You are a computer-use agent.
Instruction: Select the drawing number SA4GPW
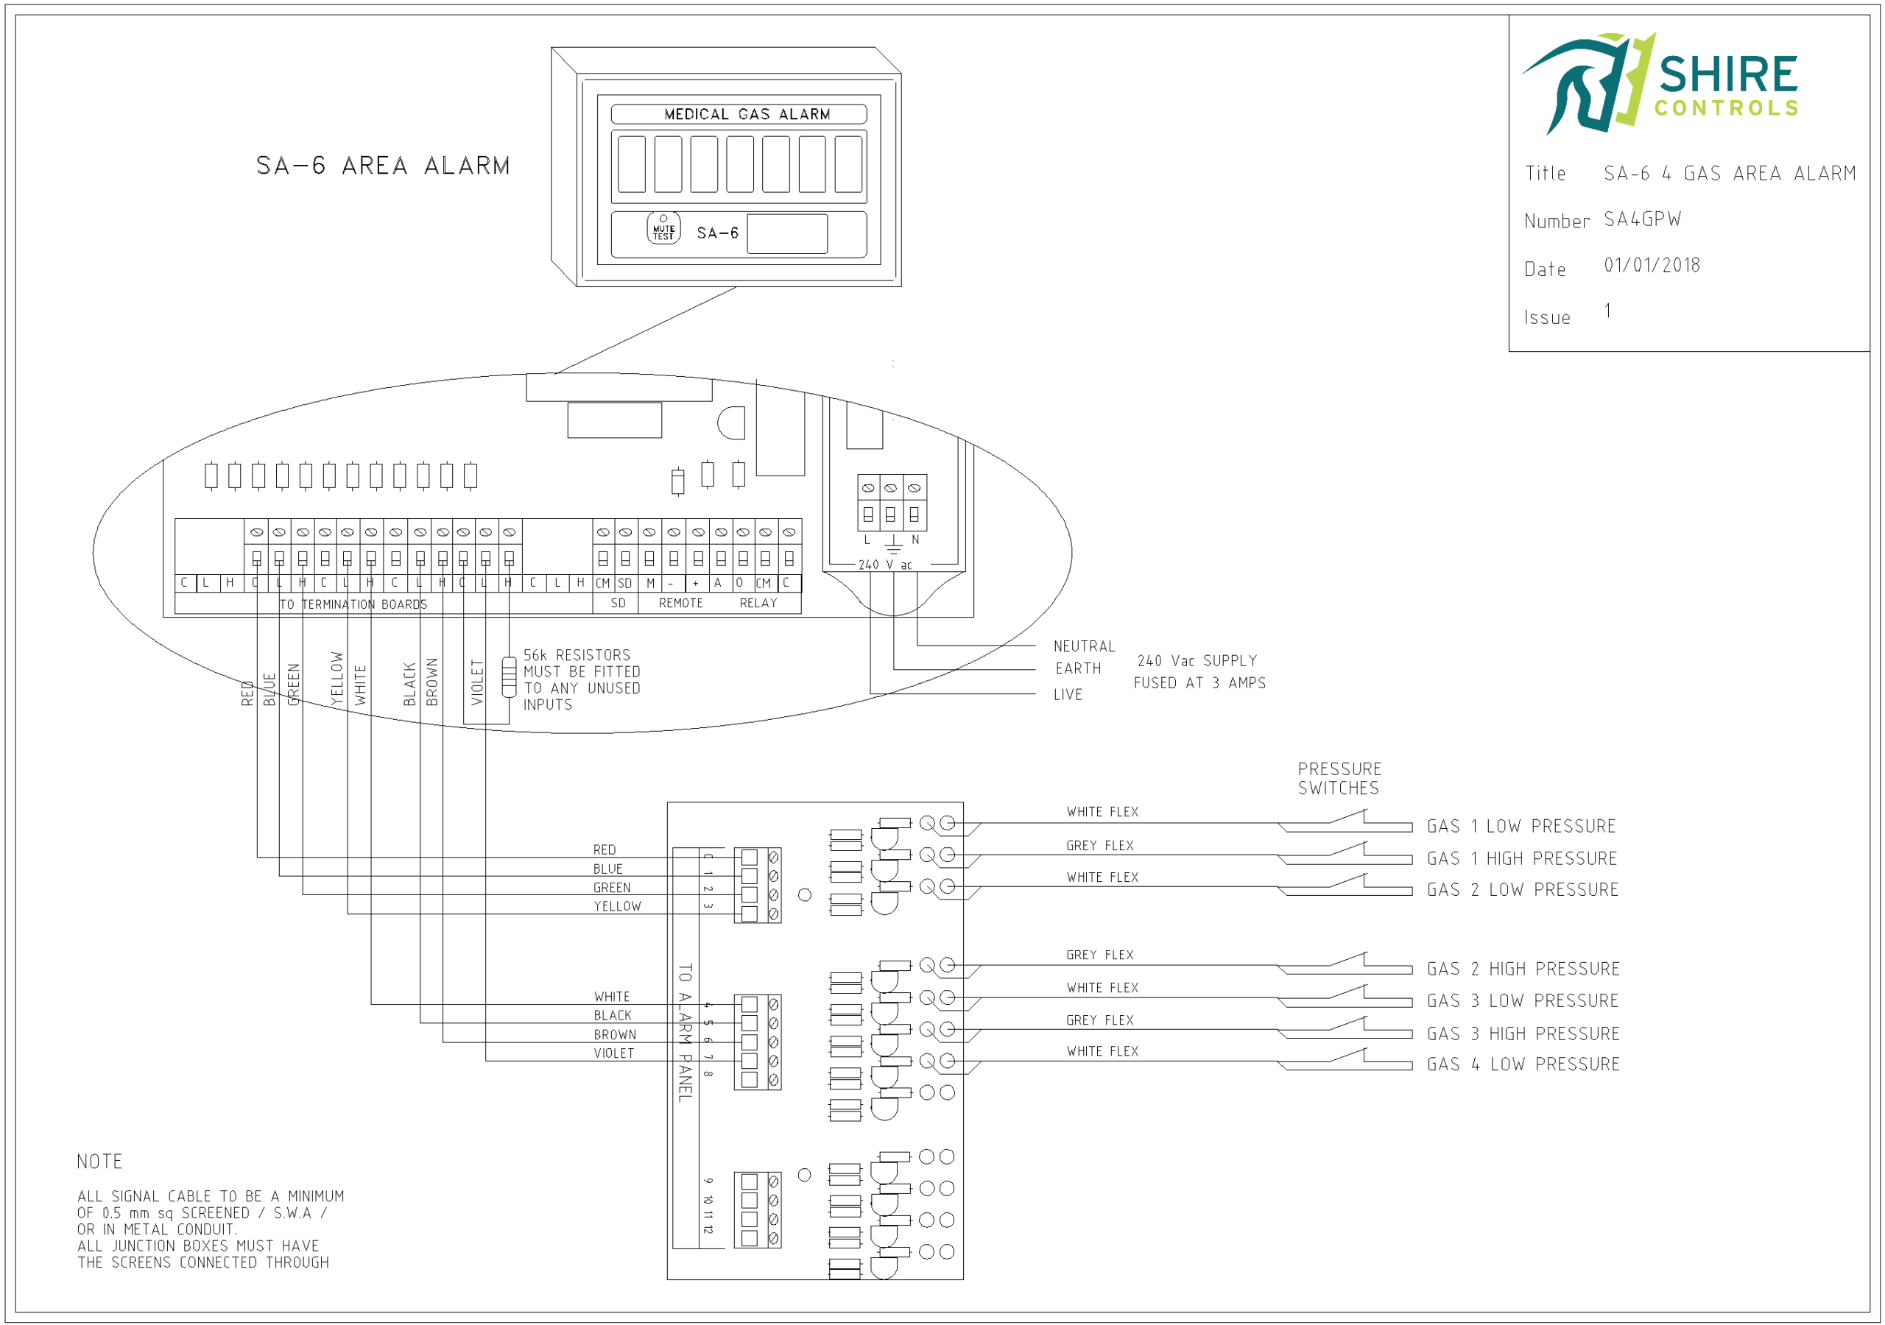pyautogui.click(x=1642, y=219)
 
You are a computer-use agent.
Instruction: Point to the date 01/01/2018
pyautogui.click(x=1652, y=265)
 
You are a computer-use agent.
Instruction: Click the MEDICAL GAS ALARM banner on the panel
pyautogui.click(x=747, y=114)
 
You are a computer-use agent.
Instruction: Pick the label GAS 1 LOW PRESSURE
pyautogui.click(x=1521, y=826)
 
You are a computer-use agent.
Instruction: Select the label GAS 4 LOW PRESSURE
pyautogui.click(x=1523, y=1064)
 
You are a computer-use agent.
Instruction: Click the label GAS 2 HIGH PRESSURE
pyautogui.click(x=1523, y=969)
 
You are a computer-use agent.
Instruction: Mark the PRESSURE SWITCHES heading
pyautogui.click(x=1339, y=778)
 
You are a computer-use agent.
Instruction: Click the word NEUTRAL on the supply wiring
pyautogui.click(x=1084, y=646)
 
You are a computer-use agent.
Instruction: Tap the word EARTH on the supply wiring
pyautogui.click(x=1078, y=668)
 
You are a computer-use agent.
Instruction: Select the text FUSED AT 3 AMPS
pyautogui.click(x=1199, y=683)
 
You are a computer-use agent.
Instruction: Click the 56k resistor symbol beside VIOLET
pyautogui.click(x=509, y=676)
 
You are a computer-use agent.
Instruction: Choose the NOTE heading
pyautogui.click(x=99, y=1162)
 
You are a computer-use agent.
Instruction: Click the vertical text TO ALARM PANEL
pyautogui.click(x=686, y=1032)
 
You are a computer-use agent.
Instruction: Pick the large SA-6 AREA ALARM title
pyautogui.click(x=383, y=166)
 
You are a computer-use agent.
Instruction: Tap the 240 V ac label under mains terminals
pyautogui.click(x=885, y=565)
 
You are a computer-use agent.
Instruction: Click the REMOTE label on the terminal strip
pyautogui.click(x=680, y=604)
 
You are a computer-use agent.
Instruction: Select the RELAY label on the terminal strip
pyautogui.click(x=758, y=604)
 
